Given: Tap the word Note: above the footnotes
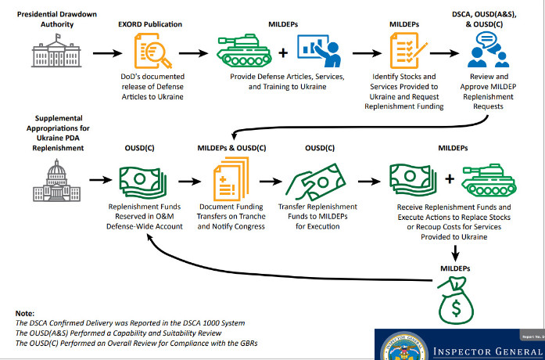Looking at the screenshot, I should coord(25,313).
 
